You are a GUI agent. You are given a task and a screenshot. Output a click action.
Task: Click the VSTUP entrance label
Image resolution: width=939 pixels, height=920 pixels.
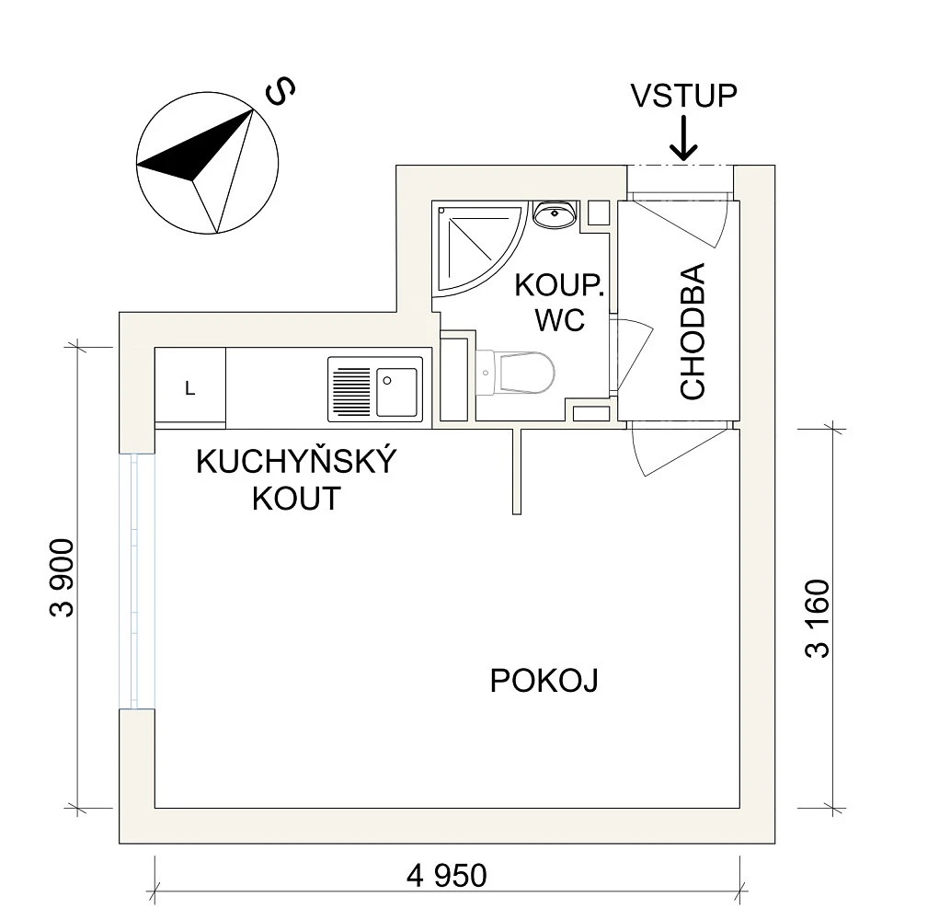tap(684, 96)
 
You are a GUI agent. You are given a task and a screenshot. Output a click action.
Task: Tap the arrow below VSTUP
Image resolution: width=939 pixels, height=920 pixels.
tap(682, 138)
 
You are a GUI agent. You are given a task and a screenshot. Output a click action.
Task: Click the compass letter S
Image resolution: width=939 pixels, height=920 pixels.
tap(281, 92)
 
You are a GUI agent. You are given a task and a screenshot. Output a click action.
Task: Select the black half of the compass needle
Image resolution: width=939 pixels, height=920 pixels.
tap(193, 147)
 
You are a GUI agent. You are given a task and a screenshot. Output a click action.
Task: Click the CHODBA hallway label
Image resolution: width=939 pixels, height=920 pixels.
tap(693, 331)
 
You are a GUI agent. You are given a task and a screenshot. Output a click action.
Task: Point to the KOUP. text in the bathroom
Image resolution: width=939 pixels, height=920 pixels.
tap(559, 285)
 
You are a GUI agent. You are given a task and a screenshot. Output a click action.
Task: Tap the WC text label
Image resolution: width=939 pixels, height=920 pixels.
tap(560, 320)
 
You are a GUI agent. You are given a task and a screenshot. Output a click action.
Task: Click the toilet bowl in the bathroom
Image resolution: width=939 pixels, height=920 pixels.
tap(516, 373)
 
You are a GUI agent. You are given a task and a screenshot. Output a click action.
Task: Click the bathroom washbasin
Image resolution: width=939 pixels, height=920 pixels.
tap(555, 213)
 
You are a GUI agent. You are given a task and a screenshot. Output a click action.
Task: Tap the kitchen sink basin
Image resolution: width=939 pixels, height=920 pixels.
tap(396, 392)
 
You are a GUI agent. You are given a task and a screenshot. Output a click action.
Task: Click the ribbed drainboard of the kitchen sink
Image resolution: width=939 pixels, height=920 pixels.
tap(351, 390)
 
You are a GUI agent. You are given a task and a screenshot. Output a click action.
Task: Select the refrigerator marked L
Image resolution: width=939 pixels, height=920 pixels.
tap(190, 387)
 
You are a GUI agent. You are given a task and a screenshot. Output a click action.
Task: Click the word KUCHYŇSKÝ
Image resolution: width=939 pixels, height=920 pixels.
tap(296, 461)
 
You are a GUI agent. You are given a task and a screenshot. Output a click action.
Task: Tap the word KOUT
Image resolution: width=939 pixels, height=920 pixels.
tap(296, 499)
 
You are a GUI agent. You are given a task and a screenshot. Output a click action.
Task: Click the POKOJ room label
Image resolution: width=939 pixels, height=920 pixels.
tap(544, 681)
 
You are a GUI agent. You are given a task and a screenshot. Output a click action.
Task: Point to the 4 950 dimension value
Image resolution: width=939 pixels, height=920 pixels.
tap(447, 876)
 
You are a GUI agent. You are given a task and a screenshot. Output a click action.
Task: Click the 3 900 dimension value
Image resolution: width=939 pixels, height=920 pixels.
tap(63, 578)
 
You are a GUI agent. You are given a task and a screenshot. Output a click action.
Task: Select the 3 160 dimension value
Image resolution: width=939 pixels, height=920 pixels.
tap(817, 619)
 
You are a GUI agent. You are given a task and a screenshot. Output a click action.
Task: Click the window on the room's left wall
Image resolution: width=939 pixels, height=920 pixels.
tap(137, 581)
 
